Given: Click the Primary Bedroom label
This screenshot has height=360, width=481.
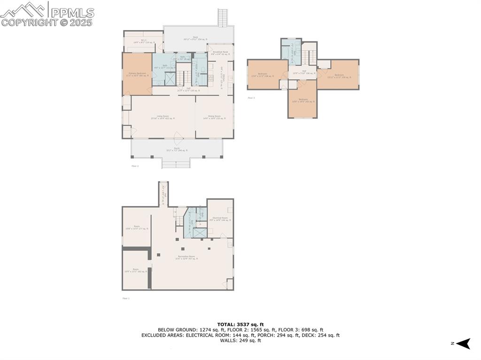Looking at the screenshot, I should (137, 75).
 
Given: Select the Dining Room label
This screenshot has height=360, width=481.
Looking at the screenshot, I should (214, 117).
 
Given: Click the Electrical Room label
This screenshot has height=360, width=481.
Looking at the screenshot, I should (220, 219).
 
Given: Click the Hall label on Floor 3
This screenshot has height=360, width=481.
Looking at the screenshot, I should (302, 73).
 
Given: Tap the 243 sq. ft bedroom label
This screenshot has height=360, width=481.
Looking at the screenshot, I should (303, 100).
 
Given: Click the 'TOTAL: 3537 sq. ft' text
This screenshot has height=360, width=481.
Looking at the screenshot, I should (240, 324).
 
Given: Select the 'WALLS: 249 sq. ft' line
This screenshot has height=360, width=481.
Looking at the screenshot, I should (240, 341).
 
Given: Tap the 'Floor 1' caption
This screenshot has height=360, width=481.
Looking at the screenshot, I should (125, 298).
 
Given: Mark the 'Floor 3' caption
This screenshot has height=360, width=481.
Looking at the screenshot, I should (251, 98).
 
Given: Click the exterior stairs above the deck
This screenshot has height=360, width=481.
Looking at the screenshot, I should (222, 18).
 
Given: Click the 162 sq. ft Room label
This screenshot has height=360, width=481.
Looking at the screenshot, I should (136, 270).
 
